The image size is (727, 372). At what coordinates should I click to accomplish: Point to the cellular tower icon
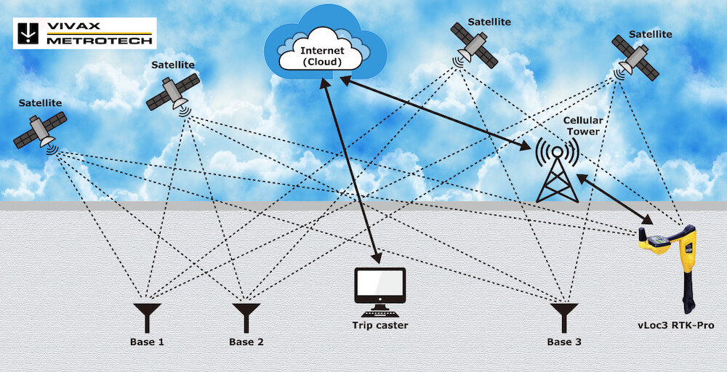pos(557,170)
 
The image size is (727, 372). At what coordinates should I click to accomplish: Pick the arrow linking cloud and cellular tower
pos(437,112)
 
